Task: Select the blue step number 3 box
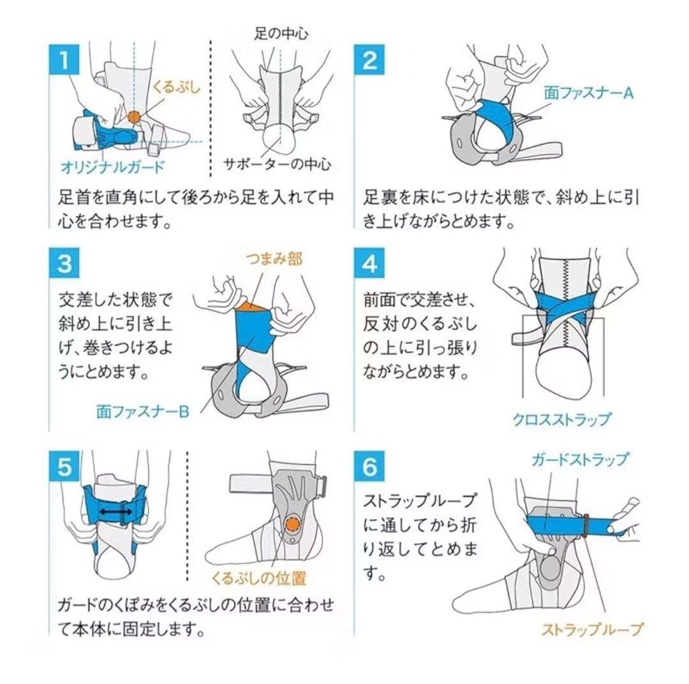pos(64,263)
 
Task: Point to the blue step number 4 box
pos(370,263)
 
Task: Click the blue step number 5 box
pos(64,467)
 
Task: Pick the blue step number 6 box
pos(370,467)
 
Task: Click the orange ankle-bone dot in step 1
pos(134,117)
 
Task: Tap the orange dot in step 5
pos(292,523)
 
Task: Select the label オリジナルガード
pos(112,168)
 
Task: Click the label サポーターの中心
pos(277,164)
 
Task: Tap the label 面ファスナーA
pos(588,93)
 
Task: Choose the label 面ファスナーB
pos(142,412)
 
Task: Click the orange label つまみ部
pos(274,258)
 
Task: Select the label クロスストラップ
pos(561,419)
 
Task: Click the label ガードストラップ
pos(579,459)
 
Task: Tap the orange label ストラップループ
pos(592,629)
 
